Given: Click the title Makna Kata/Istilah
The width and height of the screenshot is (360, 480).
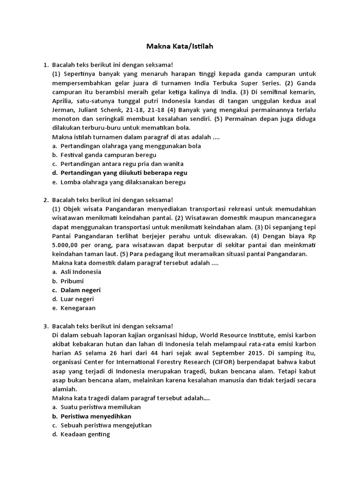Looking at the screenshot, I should pyautogui.click(x=180, y=46).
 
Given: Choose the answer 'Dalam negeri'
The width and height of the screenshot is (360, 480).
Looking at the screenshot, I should pyautogui.click(x=81, y=290).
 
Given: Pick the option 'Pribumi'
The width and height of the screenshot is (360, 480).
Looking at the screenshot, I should pyautogui.click(x=72, y=281).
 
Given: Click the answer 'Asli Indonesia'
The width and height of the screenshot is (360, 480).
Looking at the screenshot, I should pyautogui.click(x=81, y=272).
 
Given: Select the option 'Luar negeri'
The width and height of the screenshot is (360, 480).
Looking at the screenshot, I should pyautogui.click(x=77, y=299).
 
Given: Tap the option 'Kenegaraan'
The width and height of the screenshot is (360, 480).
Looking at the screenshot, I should pyautogui.click(x=78, y=308).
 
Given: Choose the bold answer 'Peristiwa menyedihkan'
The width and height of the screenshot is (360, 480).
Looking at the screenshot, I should pyautogui.click(x=96, y=416).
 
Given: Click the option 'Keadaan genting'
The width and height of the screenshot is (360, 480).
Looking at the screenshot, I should pyautogui.click(x=85, y=434).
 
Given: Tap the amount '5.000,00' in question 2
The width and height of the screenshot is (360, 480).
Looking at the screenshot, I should pyautogui.click(x=67, y=245).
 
